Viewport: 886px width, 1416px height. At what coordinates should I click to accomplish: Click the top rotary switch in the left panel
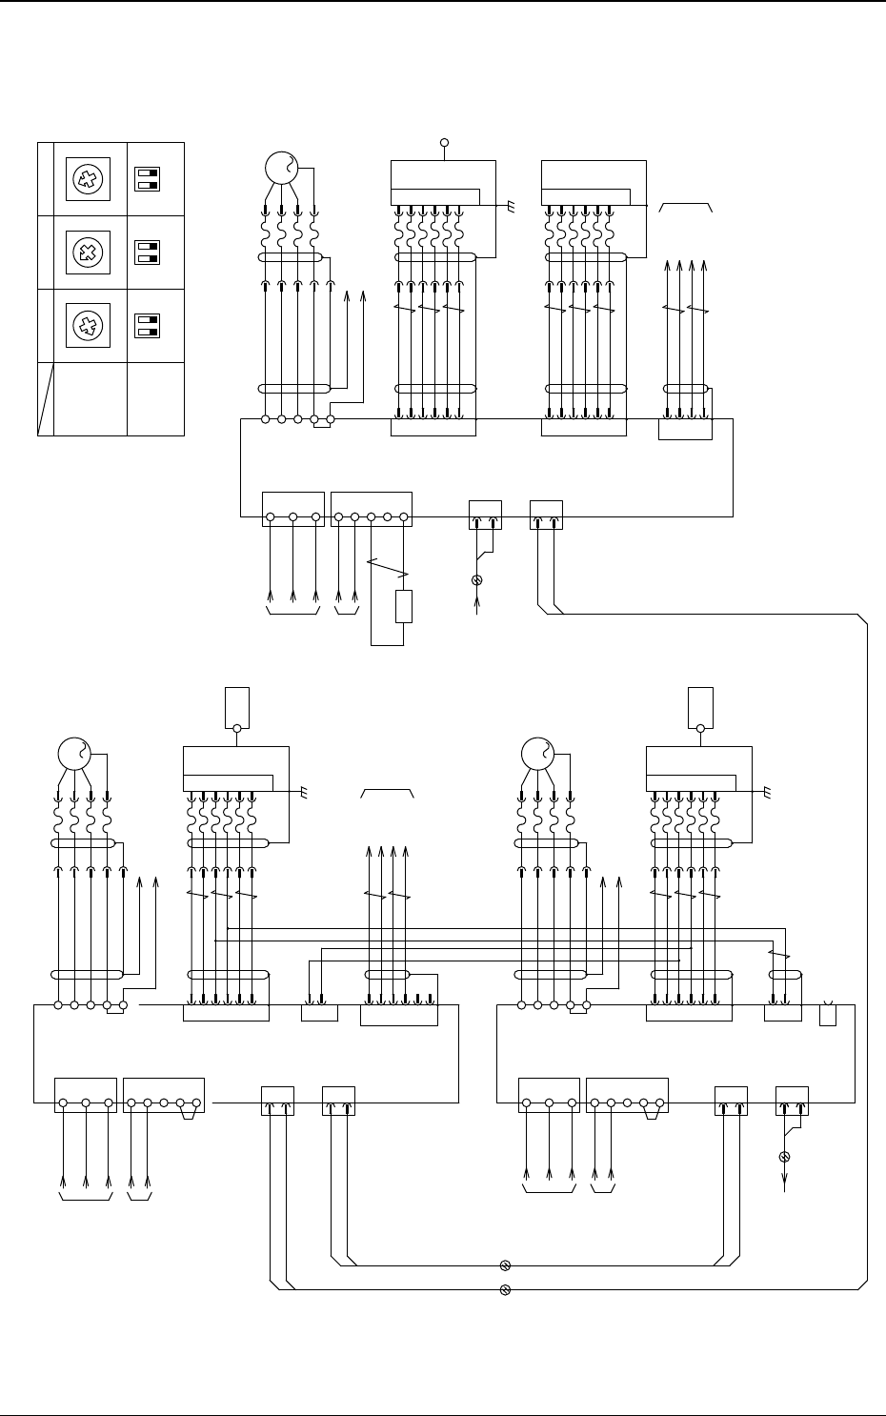88,179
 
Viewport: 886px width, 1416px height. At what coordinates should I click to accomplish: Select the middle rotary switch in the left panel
88,253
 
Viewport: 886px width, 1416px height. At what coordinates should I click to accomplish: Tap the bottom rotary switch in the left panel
88,326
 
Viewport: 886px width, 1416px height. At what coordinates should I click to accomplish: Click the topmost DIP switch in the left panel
147,179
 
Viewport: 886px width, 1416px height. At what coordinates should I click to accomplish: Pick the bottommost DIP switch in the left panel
147,326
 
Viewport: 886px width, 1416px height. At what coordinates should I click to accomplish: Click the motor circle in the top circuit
282,170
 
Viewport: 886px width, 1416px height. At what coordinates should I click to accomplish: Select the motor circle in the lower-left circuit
74,754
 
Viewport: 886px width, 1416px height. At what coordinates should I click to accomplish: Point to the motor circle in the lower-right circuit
537,754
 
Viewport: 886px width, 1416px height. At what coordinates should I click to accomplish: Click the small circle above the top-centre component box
444,143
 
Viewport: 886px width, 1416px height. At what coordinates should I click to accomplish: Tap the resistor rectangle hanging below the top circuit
404,606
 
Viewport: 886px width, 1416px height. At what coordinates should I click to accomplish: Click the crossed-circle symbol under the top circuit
477,580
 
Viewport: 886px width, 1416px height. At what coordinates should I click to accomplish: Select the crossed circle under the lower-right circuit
785,1157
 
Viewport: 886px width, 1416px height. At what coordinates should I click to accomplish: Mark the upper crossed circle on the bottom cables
506,1265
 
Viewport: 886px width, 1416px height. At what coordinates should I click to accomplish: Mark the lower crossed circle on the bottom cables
506,1290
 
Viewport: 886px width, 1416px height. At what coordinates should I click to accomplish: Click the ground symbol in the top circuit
512,205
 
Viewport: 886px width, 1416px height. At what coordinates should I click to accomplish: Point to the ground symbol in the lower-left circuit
304,792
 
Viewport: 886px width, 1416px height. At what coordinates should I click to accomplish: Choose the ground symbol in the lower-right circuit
767,792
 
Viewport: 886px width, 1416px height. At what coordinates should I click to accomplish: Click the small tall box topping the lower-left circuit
236,706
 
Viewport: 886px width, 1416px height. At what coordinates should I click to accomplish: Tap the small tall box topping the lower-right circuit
700,706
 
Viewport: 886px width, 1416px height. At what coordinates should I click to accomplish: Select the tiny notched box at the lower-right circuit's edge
828,1014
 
